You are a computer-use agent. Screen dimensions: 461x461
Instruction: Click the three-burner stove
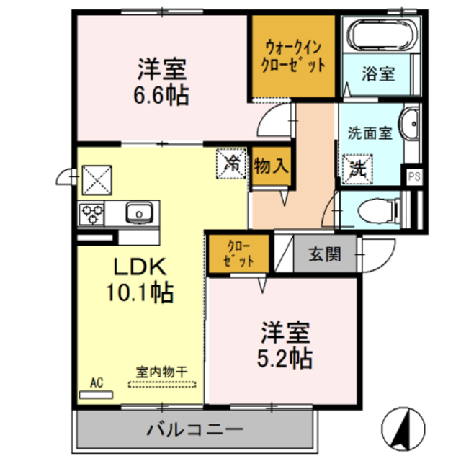point(92,212)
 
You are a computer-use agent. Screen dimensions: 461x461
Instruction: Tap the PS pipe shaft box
point(413,176)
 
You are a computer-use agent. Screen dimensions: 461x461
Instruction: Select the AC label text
point(97,382)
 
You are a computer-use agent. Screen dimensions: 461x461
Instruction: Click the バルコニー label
point(194,430)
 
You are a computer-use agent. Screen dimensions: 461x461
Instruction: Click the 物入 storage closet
point(272,166)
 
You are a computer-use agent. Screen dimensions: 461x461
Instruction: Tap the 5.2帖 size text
point(285,357)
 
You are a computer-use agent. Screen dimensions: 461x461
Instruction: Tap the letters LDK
point(141,267)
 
